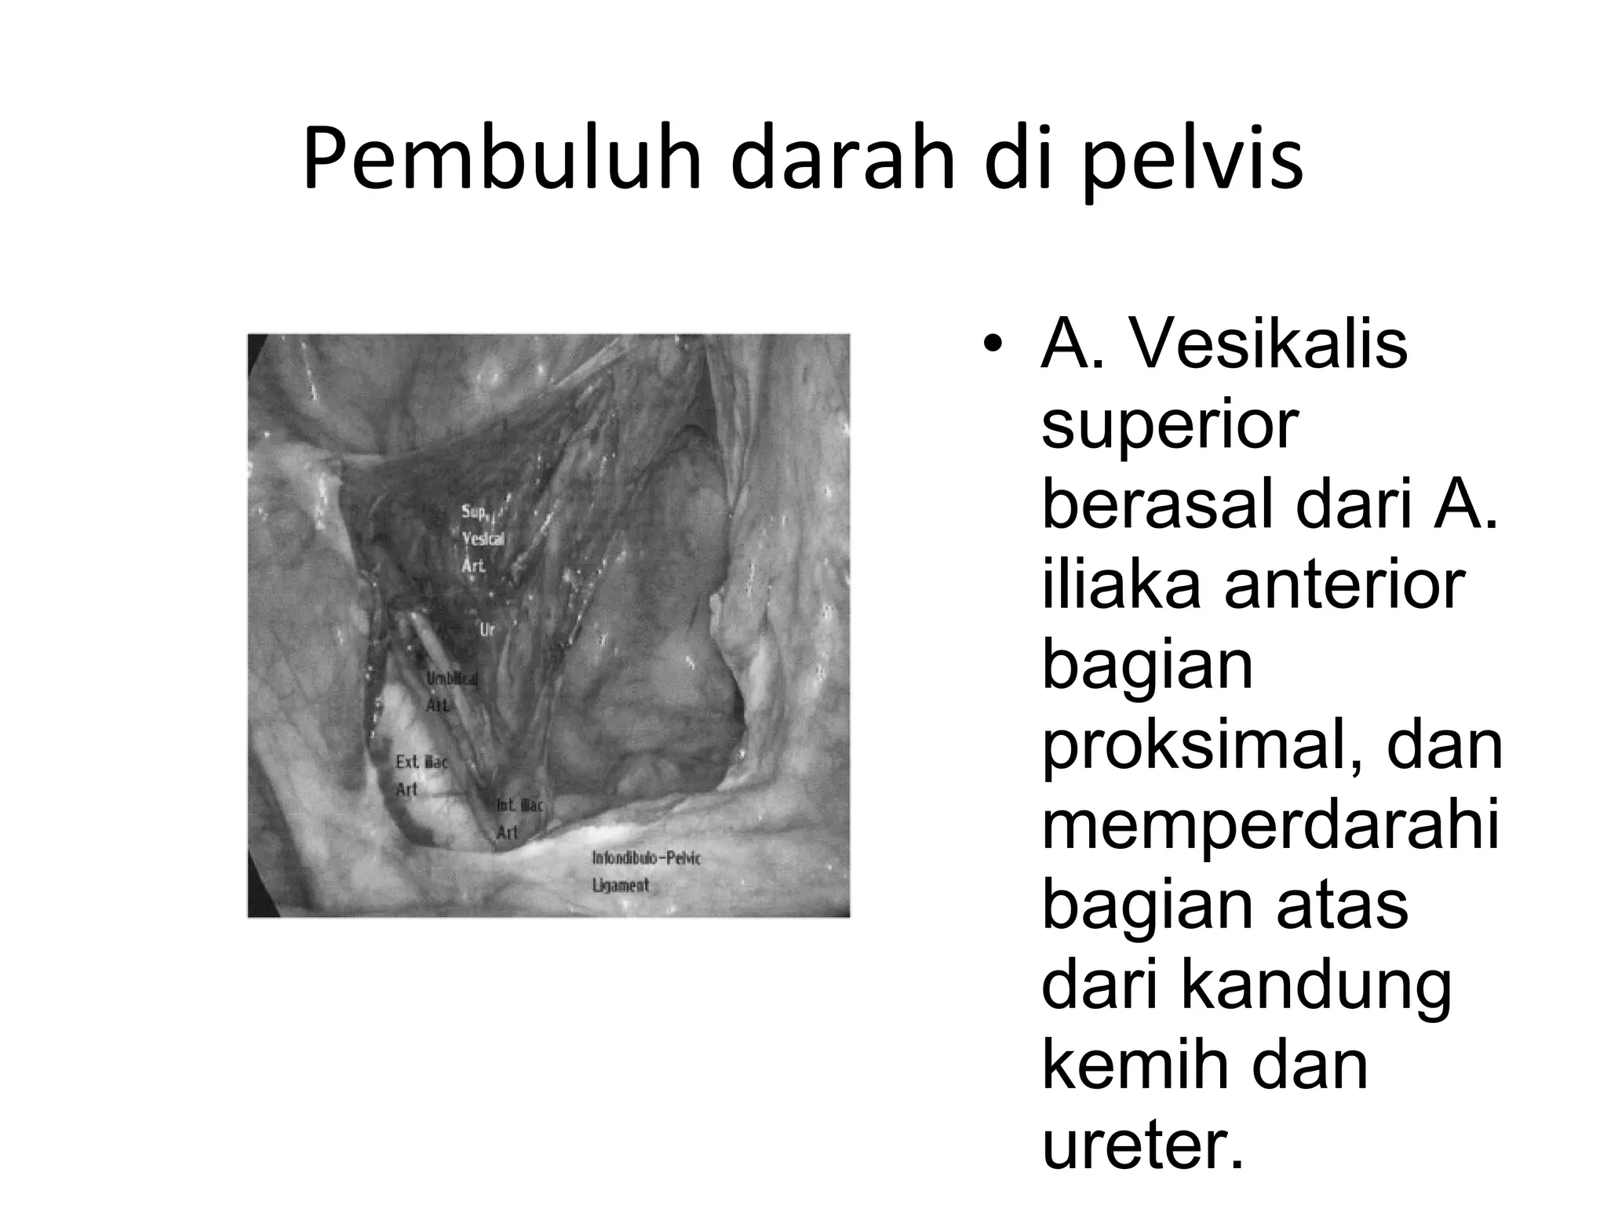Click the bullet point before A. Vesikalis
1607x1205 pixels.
point(994,346)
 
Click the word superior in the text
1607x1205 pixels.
point(1169,424)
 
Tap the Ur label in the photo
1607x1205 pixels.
point(487,629)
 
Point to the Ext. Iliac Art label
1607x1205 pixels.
point(421,774)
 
